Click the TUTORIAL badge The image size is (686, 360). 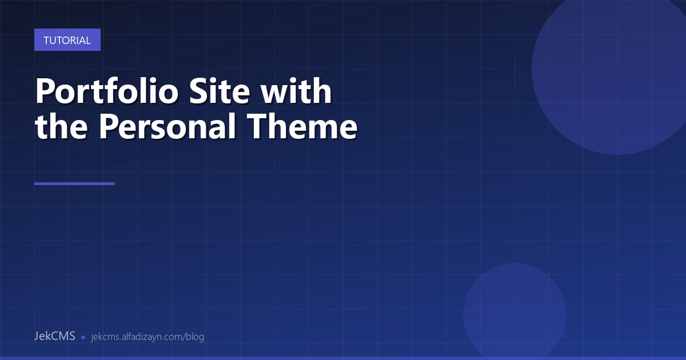[67, 40]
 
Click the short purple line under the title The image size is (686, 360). [74, 183]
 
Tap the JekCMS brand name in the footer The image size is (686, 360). [54, 336]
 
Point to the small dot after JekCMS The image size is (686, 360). [83, 337]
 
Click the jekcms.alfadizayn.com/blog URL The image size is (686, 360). [147, 337]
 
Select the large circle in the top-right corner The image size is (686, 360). [612, 69]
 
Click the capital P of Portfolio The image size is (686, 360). [45, 91]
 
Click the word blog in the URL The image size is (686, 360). [195, 337]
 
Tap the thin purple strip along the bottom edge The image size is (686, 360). [343, 358]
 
